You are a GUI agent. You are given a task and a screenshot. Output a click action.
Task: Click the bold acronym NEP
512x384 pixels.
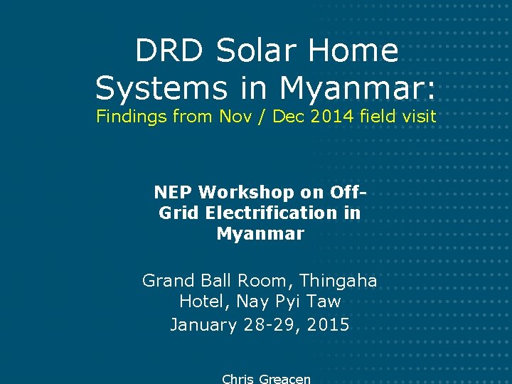point(174,192)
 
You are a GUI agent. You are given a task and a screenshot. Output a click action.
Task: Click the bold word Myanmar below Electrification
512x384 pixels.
point(260,233)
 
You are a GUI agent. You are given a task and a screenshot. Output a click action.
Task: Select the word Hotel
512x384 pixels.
point(203,302)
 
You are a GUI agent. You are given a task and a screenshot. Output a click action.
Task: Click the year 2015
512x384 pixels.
point(328,325)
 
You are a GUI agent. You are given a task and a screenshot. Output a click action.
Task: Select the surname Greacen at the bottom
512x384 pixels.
point(284,379)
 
